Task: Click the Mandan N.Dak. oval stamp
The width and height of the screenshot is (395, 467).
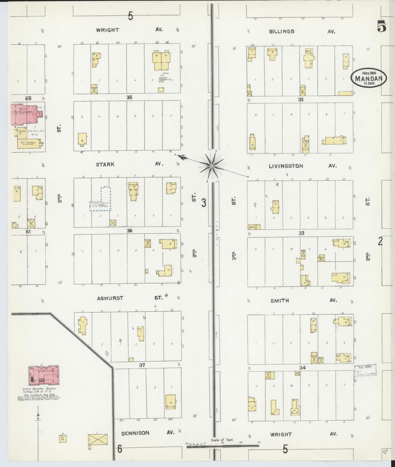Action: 368,78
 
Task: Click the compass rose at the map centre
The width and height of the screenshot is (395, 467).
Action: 212,166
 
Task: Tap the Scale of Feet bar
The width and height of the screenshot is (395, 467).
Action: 223,446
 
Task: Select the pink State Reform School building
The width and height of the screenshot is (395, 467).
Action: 44,376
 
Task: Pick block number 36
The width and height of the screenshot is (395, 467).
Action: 129,231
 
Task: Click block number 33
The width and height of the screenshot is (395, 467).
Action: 301,233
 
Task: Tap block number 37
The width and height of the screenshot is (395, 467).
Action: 142,365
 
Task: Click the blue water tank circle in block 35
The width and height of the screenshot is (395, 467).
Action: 161,79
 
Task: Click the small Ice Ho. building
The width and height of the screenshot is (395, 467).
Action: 63,438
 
